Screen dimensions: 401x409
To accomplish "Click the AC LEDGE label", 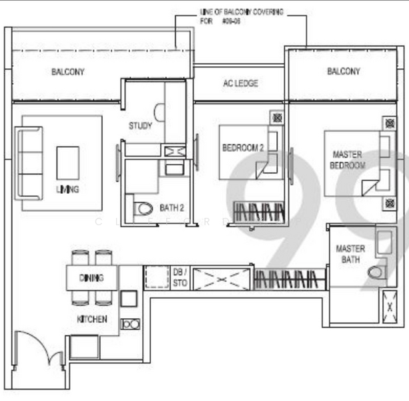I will (240, 84).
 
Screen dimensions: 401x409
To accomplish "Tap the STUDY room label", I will (140, 126).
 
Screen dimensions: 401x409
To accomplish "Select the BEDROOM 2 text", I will (242, 148).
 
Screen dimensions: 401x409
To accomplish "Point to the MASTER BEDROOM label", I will (348, 159).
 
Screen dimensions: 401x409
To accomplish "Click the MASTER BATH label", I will (350, 254).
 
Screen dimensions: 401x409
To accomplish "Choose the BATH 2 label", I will (171, 208).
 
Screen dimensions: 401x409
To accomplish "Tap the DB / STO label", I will (181, 277).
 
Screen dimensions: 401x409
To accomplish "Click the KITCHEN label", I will (92, 319).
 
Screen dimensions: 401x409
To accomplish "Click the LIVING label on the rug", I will (67, 189).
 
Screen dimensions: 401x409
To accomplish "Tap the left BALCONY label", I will (67, 72).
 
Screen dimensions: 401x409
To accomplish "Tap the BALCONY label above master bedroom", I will (344, 72).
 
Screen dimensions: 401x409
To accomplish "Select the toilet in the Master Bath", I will (376, 272).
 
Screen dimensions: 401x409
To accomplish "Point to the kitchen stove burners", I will (130, 324).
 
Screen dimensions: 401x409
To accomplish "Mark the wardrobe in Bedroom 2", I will (260, 212).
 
